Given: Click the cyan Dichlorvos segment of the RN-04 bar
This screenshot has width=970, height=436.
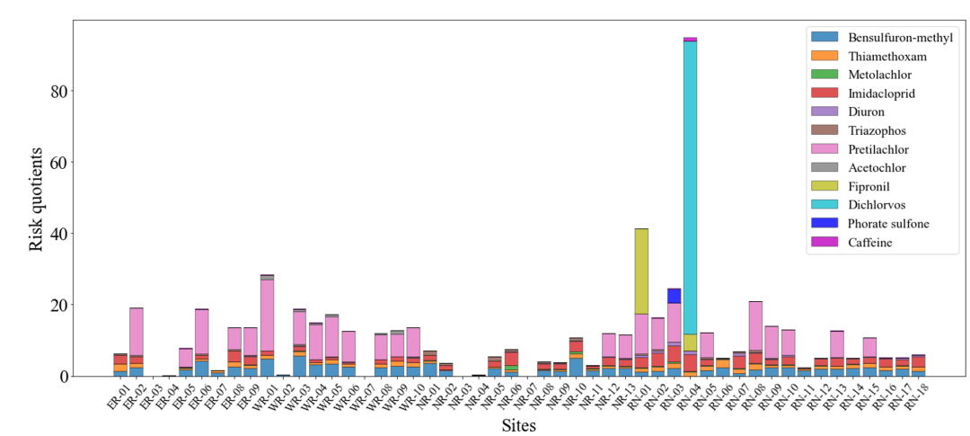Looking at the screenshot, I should coord(690,180).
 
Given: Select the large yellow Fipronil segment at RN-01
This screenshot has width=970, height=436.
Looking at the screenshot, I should coord(641,270).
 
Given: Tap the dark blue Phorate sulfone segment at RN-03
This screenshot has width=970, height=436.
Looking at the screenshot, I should coord(674,296).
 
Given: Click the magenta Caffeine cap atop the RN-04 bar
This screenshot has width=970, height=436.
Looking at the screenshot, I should coord(690,40).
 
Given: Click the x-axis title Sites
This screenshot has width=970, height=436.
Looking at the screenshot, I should coord(518,424).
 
